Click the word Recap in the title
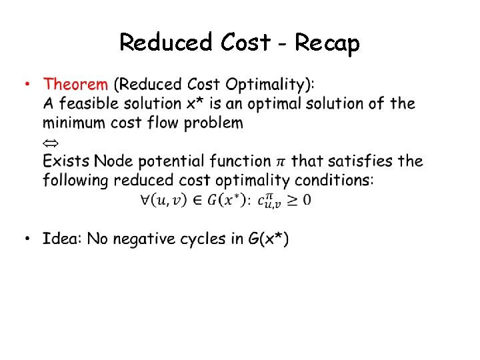click(327, 43)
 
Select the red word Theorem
click(75, 85)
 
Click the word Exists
click(66, 161)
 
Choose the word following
click(75, 180)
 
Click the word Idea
click(62, 239)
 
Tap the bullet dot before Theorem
click(27, 85)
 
